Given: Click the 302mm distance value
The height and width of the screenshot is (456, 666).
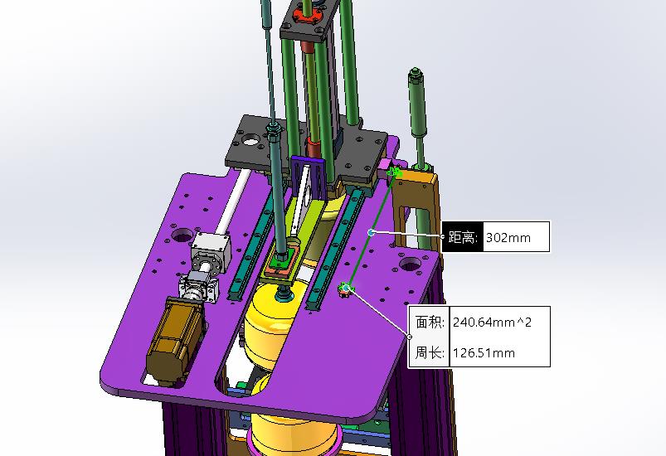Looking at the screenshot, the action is click(508, 237).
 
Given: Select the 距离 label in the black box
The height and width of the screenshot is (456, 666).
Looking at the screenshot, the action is click(463, 237).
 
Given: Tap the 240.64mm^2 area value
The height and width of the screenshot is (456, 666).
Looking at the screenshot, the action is click(492, 323).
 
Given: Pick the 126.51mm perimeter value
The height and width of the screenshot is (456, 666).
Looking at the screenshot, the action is click(484, 353).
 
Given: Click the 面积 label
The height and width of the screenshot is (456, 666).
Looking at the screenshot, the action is click(430, 323).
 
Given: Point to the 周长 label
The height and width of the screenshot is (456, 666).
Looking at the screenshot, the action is click(430, 352).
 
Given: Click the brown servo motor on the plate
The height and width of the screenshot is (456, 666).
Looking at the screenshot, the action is click(175, 341).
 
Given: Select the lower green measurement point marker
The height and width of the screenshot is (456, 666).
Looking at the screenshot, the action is click(346, 289).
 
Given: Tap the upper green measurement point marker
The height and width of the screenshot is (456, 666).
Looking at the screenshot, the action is click(395, 172).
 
